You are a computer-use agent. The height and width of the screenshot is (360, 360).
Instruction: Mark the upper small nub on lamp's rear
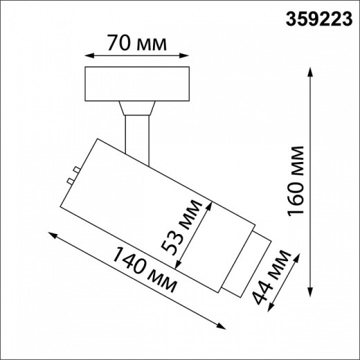[x=73, y=169]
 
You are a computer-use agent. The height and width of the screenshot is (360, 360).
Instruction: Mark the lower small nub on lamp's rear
[x=69, y=180]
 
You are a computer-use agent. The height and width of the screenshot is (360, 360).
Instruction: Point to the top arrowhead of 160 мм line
[x=308, y=70]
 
